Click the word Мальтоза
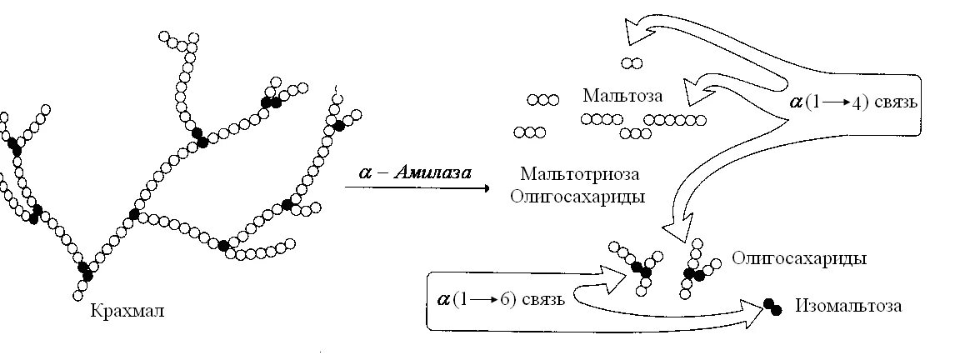pos(623,95)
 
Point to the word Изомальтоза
pos(847,306)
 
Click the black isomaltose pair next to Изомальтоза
pos(772,307)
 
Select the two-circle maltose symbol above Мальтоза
pos(632,62)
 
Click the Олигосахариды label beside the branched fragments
pos(799,258)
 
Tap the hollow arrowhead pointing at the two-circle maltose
pos(636,33)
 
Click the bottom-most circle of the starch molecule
pos(80,295)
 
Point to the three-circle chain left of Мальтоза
pos(542,100)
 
